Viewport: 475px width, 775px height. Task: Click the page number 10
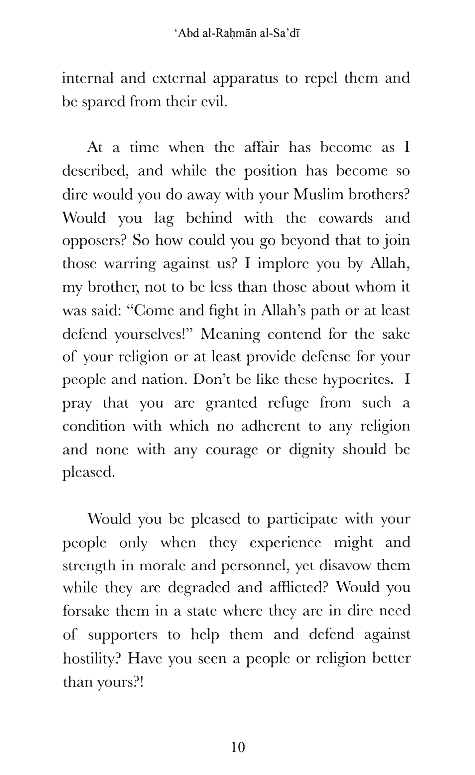(x=238, y=747)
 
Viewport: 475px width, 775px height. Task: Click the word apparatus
(x=245, y=79)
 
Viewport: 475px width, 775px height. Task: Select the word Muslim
(x=319, y=195)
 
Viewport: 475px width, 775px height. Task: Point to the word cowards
(x=345, y=218)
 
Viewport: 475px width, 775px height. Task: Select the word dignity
(x=311, y=450)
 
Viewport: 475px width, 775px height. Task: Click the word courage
(x=232, y=450)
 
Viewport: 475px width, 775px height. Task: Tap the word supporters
(x=122, y=635)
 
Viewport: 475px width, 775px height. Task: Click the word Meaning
(x=230, y=334)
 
